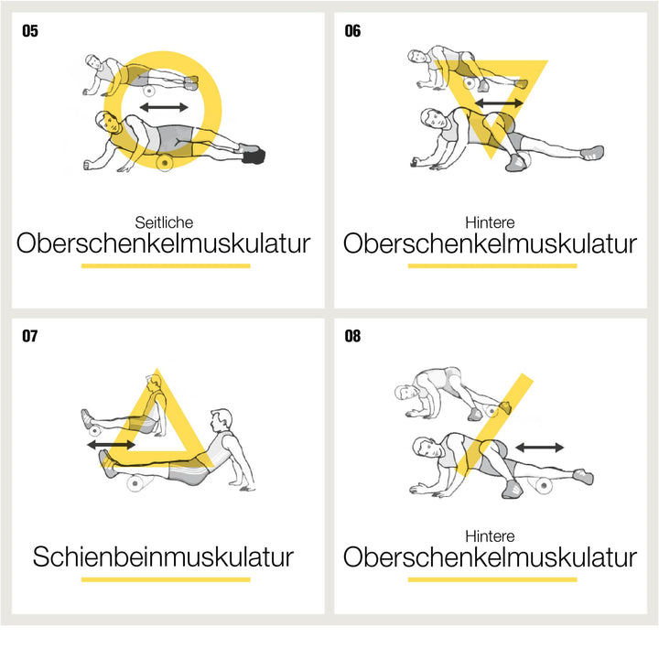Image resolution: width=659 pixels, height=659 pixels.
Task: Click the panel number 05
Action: (x=30, y=31)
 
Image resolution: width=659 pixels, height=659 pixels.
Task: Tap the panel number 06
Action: (x=352, y=31)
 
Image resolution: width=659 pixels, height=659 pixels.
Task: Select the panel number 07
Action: (x=30, y=336)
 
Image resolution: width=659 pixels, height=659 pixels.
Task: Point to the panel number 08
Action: (x=352, y=336)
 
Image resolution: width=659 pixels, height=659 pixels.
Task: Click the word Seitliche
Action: (x=164, y=222)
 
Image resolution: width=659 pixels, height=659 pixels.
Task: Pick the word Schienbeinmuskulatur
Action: (x=163, y=556)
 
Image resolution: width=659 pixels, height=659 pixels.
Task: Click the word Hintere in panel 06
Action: (x=490, y=222)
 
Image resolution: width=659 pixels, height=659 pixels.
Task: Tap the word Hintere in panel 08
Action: (x=490, y=535)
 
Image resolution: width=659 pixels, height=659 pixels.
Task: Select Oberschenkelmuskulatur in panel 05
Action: (x=163, y=243)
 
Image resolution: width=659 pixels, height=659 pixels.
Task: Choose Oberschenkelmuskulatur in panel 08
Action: (x=490, y=556)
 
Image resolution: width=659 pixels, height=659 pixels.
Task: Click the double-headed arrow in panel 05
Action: (x=164, y=107)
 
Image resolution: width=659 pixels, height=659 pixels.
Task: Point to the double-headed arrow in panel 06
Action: (x=499, y=103)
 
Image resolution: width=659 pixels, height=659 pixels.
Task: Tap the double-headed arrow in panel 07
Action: (x=112, y=444)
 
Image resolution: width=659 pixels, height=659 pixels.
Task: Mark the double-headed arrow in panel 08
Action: (x=540, y=448)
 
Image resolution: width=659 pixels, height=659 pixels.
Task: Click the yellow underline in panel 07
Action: (x=166, y=579)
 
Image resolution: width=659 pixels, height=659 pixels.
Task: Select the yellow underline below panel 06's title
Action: (x=492, y=265)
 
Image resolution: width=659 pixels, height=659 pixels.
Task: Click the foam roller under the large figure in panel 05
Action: (x=165, y=162)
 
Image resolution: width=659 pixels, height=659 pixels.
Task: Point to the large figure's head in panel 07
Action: (x=221, y=420)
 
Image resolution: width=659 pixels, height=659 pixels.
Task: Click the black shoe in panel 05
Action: (x=254, y=157)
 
